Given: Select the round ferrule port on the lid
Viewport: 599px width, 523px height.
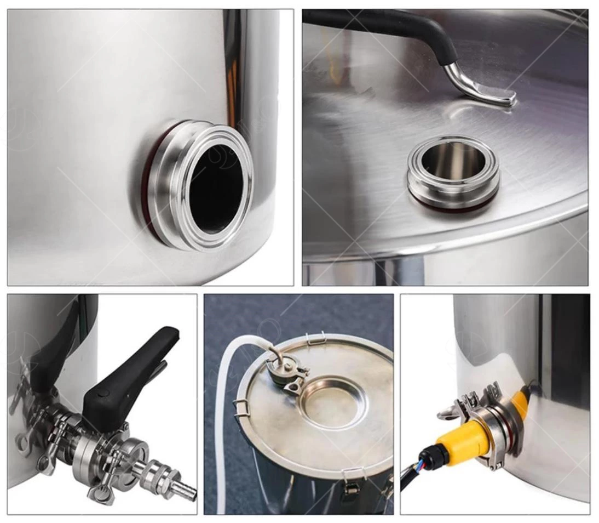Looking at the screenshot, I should [x=453, y=170].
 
